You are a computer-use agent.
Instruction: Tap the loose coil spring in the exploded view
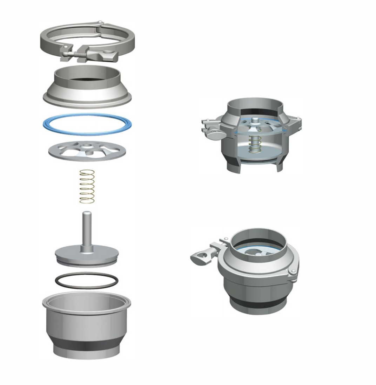click(87, 186)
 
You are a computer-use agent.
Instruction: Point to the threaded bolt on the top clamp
click(79, 54)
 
